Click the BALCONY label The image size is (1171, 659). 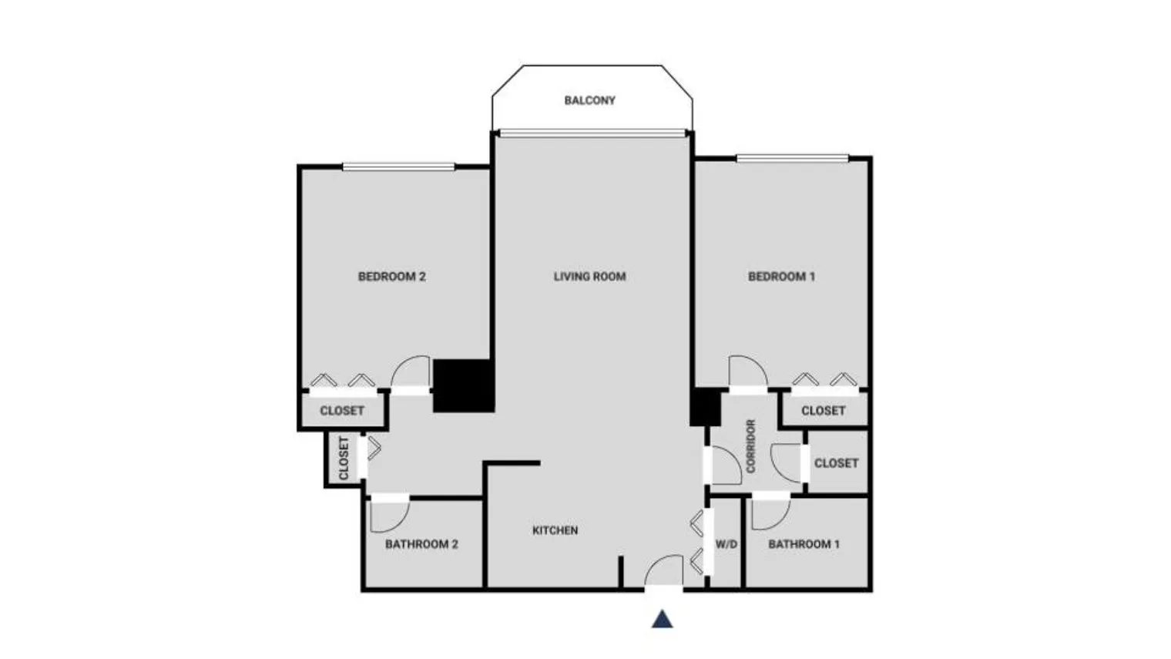pos(589,100)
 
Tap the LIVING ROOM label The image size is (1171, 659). pos(589,276)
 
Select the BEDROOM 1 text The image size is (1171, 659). pos(781,276)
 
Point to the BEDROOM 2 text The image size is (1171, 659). pos(391,276)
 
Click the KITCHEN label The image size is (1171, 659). pos(555,530)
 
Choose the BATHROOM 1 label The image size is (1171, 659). pos(804,544)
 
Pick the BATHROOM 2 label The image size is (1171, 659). pos(421,544)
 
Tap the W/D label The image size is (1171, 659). pos(726,544)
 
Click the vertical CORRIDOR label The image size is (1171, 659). pos(751,446)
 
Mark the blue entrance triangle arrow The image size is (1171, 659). pos(663,619)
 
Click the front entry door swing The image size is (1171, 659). pos(663,571)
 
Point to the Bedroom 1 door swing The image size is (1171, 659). pos(747,372)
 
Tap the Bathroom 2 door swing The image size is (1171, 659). pos(389,515)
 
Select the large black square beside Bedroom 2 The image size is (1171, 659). pos(463,385)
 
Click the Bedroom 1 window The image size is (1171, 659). pos(792,159)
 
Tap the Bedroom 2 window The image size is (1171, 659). pos(398,166)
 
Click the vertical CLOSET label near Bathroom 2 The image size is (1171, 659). pos(344,458)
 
